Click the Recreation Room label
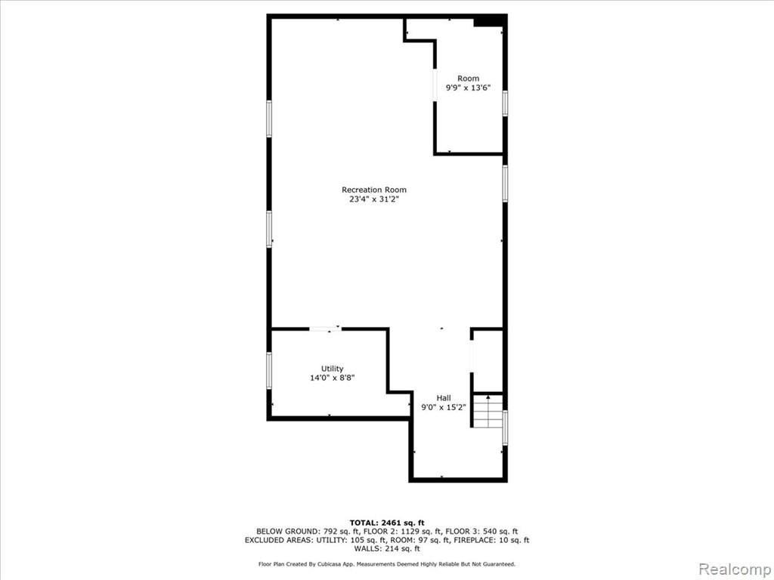(374, 190)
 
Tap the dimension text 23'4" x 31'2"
(374, 199)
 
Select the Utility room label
(333, 369)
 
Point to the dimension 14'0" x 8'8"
(333, 378)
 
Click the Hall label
(443, 399)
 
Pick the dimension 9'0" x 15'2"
(443, 408)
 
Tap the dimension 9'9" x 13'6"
(468, 88)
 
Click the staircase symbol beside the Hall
(488, 411)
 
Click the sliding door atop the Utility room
(325, 329)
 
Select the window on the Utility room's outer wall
(269, 370)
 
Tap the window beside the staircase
(505, 427)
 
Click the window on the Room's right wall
(505, 103)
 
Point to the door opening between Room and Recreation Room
(435, 85)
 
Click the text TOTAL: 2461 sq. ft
(387, 523)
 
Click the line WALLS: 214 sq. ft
(387, 549)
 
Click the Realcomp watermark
(735, 569)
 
